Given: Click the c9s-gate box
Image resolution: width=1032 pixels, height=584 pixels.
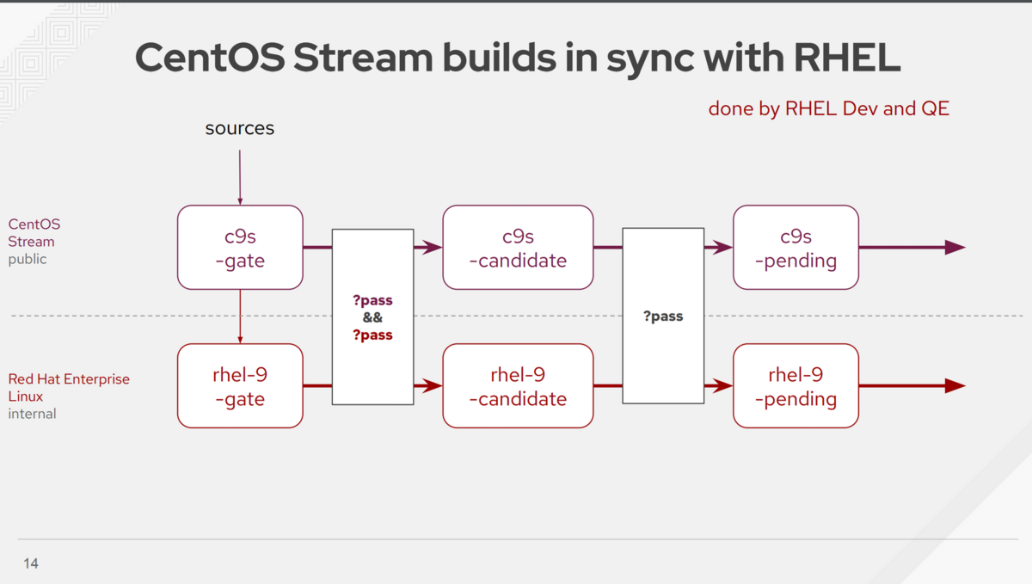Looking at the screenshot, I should coord(240,248).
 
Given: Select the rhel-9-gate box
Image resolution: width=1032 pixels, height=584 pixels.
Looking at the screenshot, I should coord(240,386).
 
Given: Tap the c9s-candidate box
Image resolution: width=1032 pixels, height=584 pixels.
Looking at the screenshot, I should coord(518,248).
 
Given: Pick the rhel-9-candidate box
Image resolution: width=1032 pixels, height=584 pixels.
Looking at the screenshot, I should coord(518,386).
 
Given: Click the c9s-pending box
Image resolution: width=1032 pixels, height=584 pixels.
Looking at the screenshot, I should coord(795,248).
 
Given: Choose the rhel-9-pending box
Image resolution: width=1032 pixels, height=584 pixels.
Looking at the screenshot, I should coord(795,386).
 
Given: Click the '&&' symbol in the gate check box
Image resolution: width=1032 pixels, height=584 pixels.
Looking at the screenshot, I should coord(372,318).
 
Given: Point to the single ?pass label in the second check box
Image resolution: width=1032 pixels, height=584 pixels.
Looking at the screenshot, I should coord(663,317).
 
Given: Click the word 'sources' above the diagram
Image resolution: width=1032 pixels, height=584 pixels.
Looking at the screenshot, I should coord(240,129).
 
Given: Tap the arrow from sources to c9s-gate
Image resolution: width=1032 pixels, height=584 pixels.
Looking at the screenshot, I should coord(240,176).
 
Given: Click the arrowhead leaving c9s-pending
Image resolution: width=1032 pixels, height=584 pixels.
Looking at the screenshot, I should coord(955,248).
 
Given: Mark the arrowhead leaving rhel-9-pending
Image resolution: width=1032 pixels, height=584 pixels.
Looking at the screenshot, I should coord(955,386).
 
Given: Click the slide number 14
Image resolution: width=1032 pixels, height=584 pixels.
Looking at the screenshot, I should coord(31,564).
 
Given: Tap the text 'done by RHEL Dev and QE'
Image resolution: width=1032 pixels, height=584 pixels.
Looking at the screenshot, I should coord(828,109).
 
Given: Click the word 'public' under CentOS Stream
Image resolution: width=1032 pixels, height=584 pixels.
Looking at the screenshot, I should coord(28,259).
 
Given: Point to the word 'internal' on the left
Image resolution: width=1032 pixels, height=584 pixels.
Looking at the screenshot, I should coord(32,414).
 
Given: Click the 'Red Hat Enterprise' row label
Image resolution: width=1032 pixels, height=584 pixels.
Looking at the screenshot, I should coord(69,379).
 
